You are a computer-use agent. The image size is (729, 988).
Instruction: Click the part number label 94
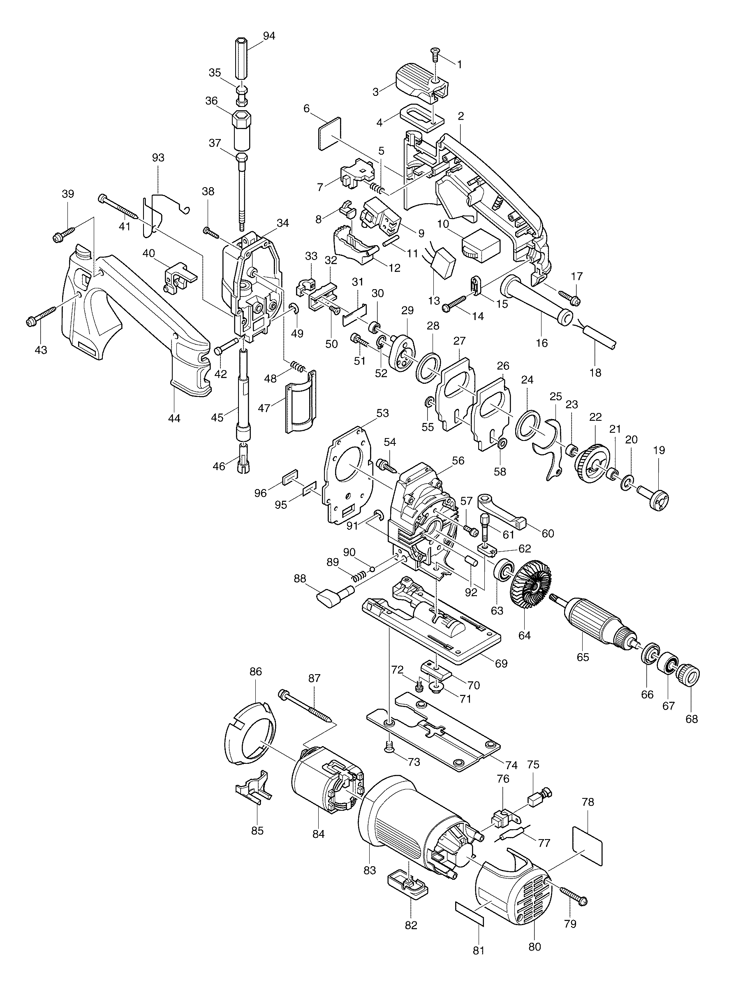[269, 36]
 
